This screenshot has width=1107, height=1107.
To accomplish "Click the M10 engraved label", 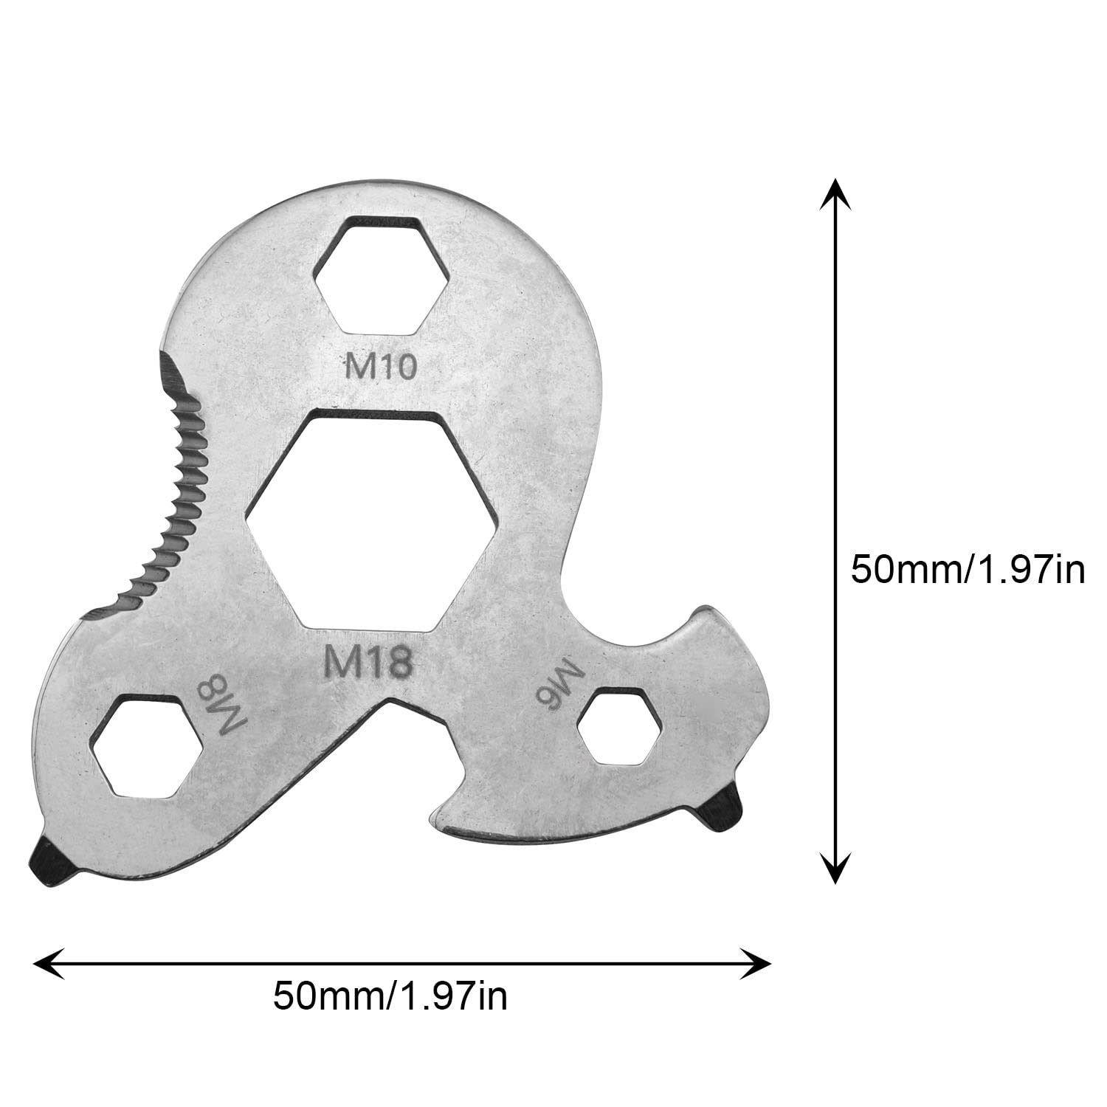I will [381, 367].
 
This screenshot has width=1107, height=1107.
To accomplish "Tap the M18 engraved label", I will [368, 663].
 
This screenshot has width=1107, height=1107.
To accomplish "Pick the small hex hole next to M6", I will [619, 727].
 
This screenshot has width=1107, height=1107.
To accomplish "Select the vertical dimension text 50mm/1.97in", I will [968, 570].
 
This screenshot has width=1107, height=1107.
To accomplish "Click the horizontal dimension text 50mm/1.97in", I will [390, 996].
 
